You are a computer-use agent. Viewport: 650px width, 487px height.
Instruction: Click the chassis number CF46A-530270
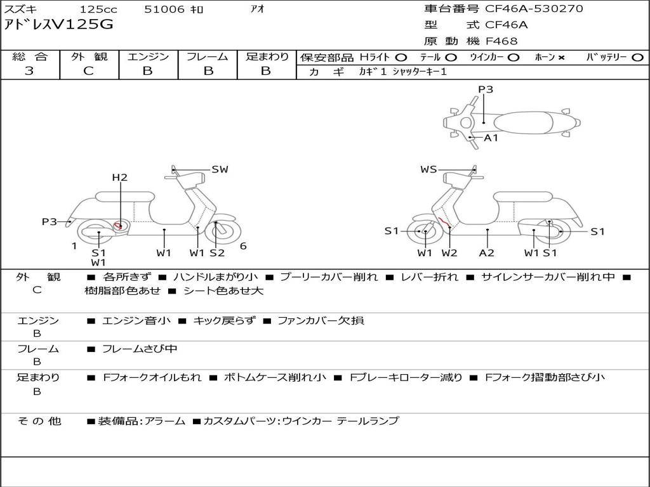534,8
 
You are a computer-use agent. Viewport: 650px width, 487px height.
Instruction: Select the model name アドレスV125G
58,25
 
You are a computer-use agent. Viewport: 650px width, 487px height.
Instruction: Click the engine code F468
501,41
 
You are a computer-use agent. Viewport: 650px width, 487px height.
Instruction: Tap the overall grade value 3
29,70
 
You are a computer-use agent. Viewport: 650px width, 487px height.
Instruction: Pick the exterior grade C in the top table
88,71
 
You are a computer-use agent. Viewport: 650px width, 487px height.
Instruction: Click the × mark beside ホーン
561,58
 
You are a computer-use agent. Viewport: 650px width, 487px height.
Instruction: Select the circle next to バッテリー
637,58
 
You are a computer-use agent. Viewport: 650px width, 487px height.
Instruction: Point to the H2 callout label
120,178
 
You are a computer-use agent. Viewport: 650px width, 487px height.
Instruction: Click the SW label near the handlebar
220,169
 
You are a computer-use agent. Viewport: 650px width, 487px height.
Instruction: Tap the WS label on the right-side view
428,169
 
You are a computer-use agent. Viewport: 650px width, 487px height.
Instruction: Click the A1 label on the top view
491,138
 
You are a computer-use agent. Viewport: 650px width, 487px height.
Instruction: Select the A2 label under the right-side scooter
487,252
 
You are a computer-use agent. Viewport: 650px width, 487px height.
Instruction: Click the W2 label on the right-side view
449,252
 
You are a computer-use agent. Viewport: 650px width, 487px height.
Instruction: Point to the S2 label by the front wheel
217,252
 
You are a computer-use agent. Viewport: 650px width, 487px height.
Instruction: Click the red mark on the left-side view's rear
117,225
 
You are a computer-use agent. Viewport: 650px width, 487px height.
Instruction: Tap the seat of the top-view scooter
523,123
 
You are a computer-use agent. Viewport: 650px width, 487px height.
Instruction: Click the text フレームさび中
139,349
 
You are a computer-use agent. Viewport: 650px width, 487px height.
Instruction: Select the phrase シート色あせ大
223,290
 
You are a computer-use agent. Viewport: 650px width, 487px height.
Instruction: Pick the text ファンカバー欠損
321,320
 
